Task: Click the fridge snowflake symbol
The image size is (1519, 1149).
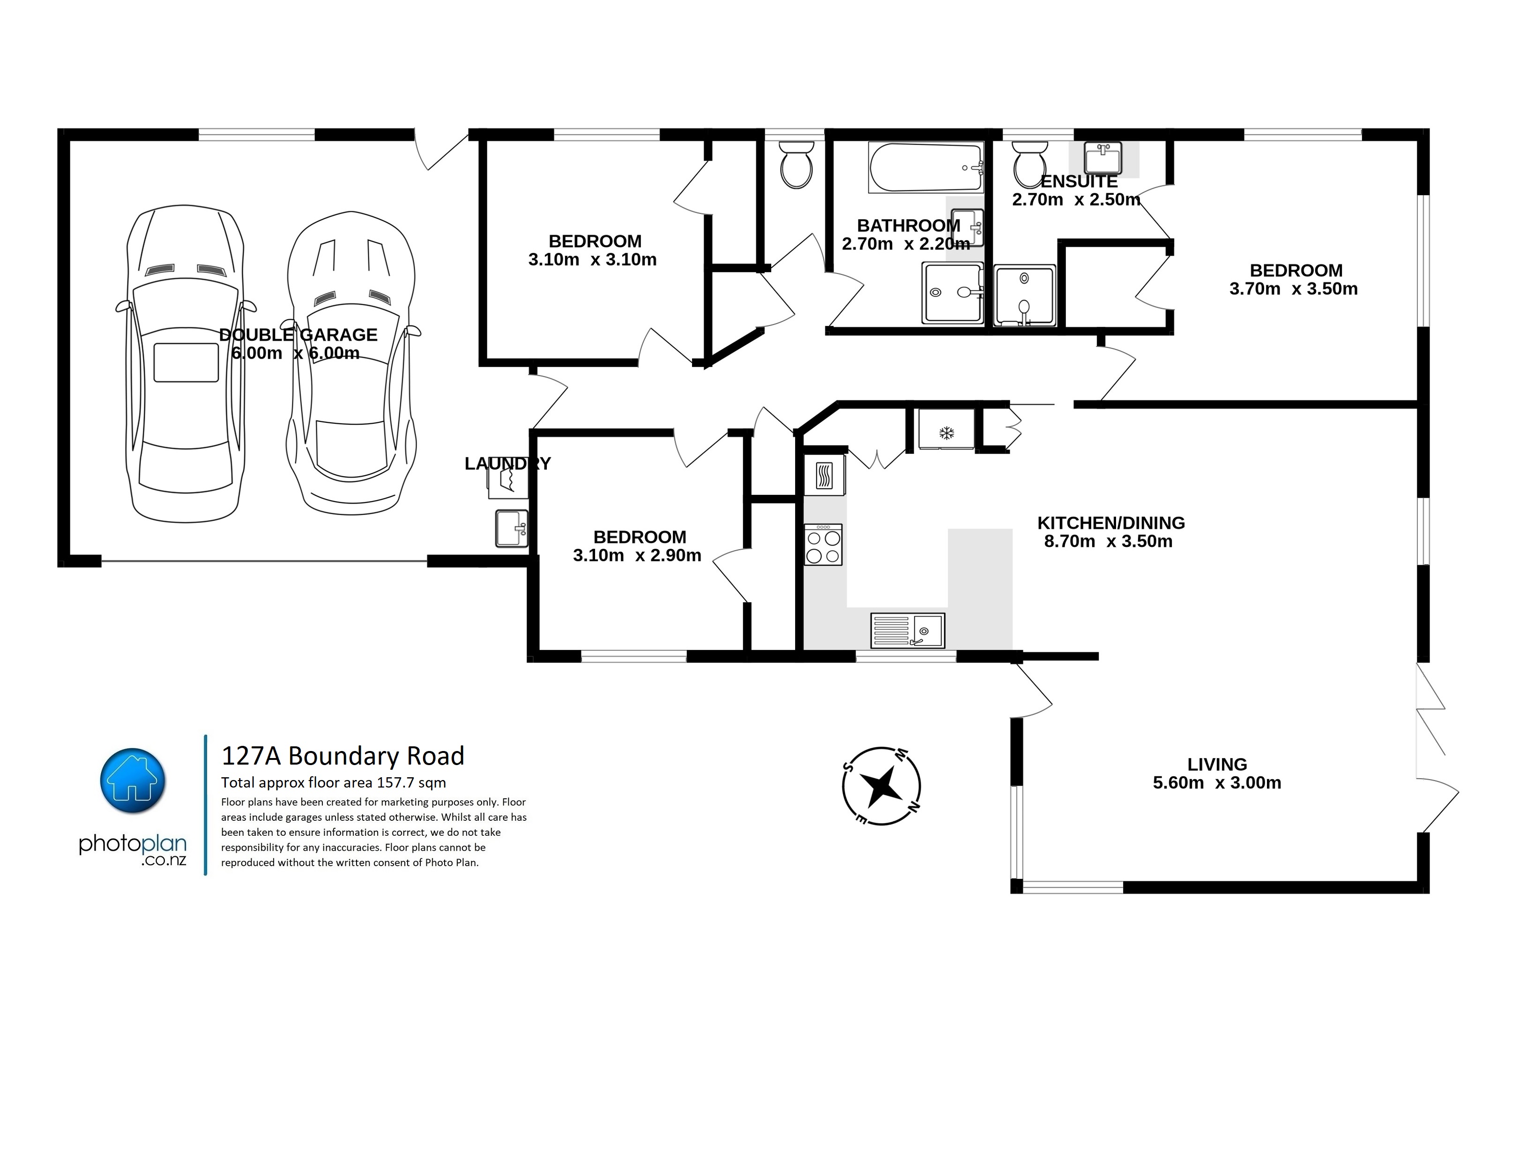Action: [x=946, y=433]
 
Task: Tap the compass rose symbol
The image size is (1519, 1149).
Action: [x=882, y=786]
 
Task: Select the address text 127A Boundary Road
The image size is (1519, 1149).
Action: [x=343, y=756]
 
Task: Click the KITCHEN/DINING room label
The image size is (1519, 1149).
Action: [x=1111, y=523]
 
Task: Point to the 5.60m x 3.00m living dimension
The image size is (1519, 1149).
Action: [x=1217, y=782]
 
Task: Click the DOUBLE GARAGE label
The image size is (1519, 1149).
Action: [x=298, y=334]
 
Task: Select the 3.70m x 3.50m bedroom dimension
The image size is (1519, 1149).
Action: [x=1294, y=289]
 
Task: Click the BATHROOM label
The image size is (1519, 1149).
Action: [x=908, y=225]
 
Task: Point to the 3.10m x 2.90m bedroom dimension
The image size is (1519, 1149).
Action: [x=637, y=555]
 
